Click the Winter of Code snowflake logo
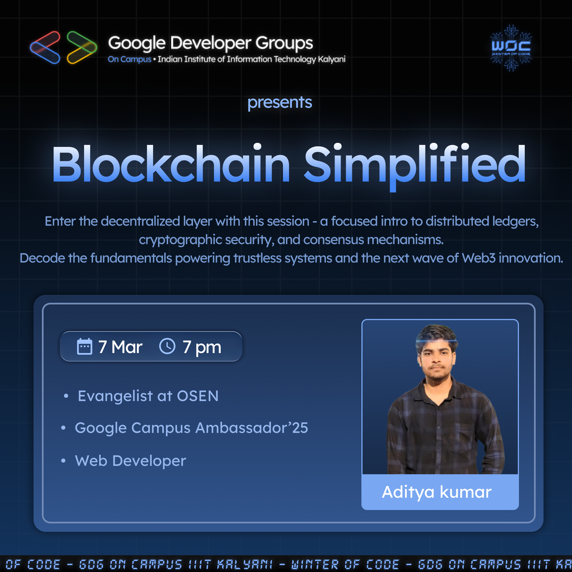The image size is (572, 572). pos(511,48)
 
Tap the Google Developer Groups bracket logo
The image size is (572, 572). pos(63,47)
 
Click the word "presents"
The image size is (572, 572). pos(280,103)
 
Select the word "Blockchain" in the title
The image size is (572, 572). pos(171,164)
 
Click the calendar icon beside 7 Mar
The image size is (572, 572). pos(84,346)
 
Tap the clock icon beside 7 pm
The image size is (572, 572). pos(167,346)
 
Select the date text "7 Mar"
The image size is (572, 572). pos(120,347)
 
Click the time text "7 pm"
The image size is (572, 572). pos(202,347)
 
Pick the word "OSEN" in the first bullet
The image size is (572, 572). pos(197,396)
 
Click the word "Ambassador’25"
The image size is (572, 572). pos(252,428)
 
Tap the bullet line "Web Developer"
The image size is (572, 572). pos(130,461)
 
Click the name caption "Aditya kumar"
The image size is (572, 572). pos(437,492)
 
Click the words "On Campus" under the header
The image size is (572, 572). pos(129,59)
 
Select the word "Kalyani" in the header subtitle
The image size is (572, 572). pos(332,59)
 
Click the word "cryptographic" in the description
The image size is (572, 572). pos(180,240)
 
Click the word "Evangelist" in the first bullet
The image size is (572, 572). pos(115,396)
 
